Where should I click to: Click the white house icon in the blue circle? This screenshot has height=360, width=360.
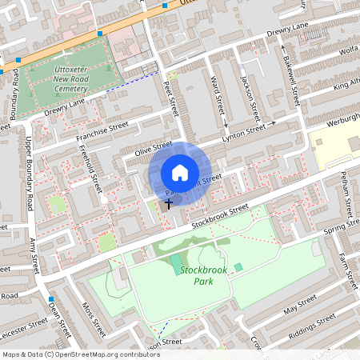tap(179, 173)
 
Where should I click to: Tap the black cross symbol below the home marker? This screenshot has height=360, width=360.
tap(168, 204)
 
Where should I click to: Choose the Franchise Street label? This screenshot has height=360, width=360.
tap(102, 132)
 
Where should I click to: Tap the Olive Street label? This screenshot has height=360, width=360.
tap(152, 150)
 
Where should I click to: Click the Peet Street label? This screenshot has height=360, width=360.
tap(170, 101)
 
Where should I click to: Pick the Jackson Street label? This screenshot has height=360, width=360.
tap(249, 93)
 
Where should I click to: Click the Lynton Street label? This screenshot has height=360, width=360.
tap(244, 130)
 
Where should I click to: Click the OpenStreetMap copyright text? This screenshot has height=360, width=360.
tap(82, 354)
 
